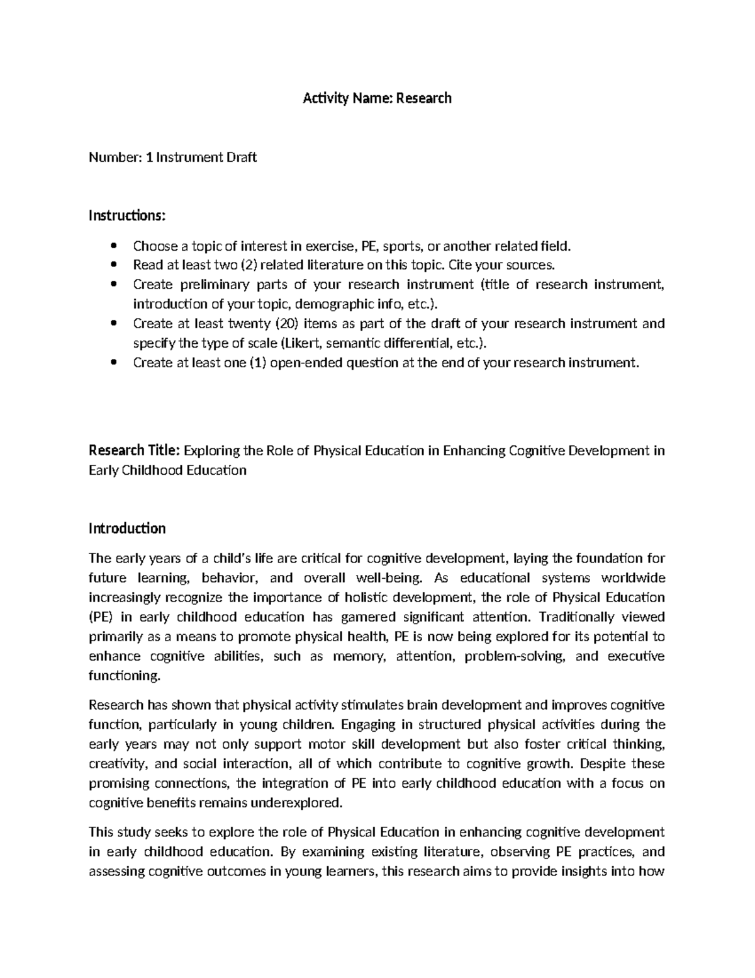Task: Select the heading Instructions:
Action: (127, 216)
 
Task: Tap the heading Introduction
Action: (127, 528)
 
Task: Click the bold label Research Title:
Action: (135, 450)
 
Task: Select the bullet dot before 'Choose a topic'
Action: (113, 246)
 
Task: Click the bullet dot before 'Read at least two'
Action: (113, 265)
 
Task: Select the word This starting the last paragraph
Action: (101, 833)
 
